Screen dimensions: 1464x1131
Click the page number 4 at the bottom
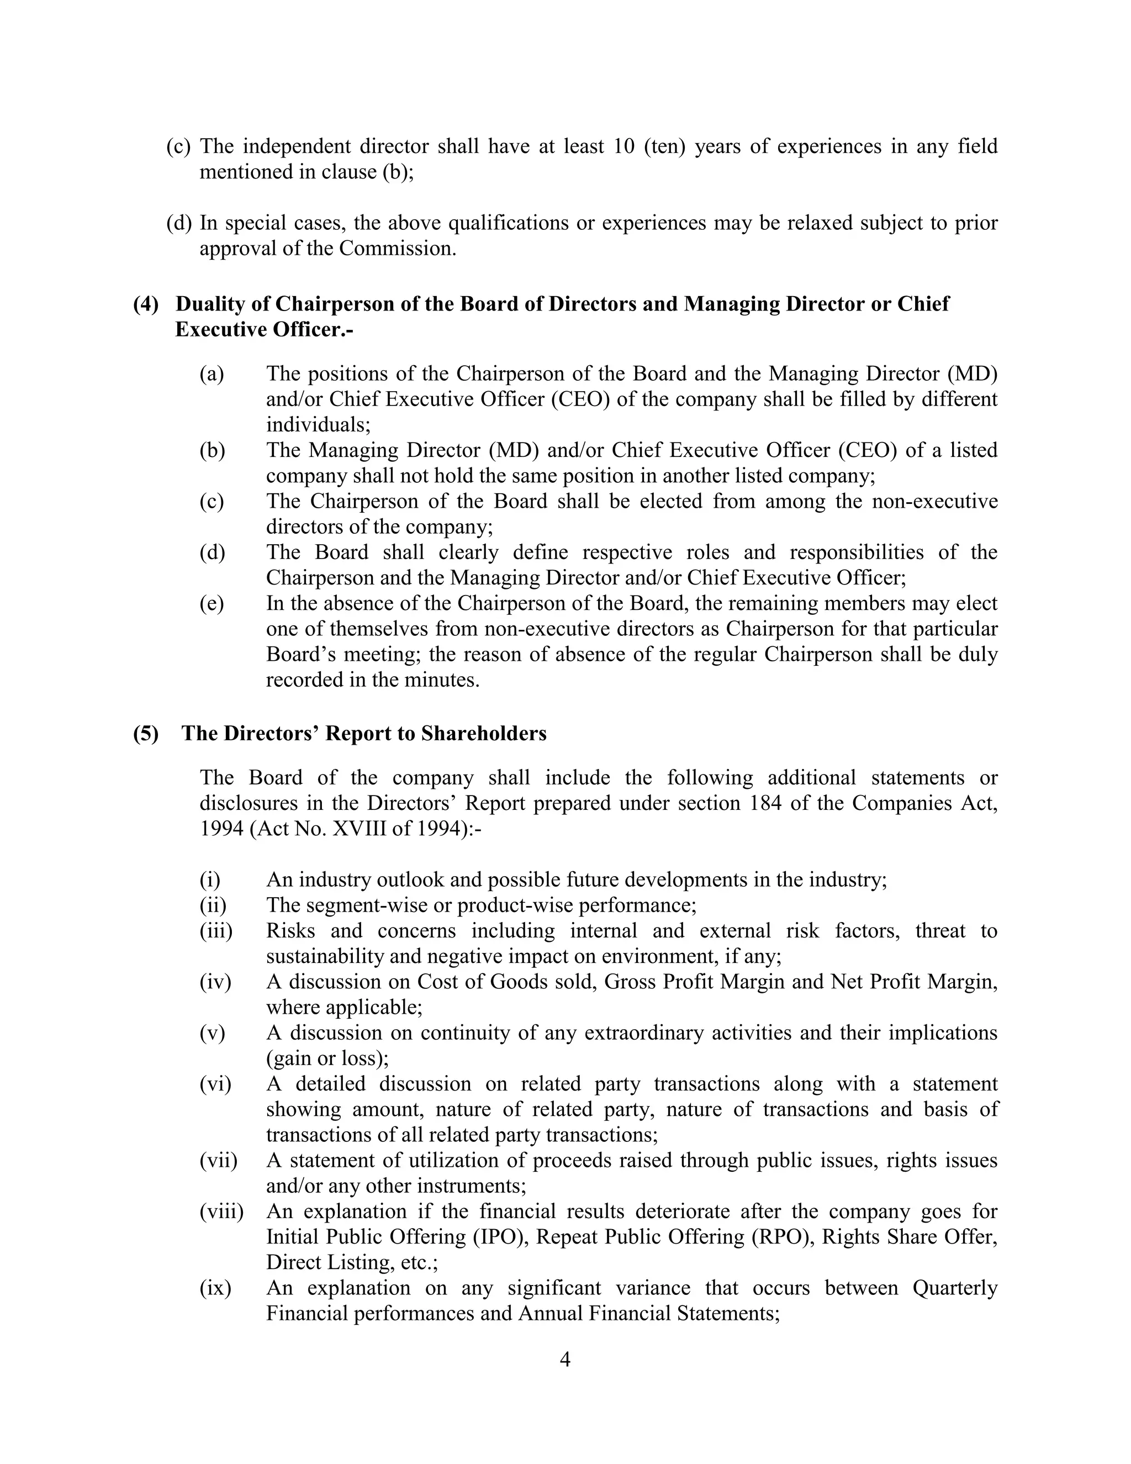click(x=565, y=1360)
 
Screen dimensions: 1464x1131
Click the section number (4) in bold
click(x=146, y=304)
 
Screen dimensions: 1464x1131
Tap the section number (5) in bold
click(x=146, y=733)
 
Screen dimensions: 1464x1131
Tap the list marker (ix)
click(x=215, y=1288)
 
